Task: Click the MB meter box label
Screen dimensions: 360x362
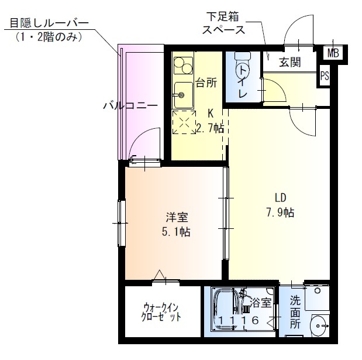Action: (x=333, y=53)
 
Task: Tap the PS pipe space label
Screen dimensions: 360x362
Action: (x=324, y=76)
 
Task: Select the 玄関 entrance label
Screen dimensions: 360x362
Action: (x=289, y=63)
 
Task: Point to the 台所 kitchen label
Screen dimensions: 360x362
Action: (x=206, y=83)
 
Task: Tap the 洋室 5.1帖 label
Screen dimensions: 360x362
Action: (x=175, y=223)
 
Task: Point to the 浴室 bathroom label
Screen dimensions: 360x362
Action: (x=261, y=303)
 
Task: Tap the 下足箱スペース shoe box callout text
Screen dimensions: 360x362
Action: (x=223, y=23)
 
